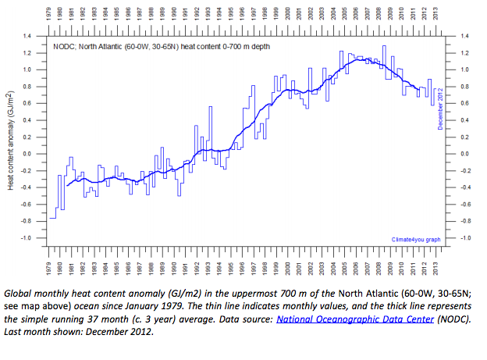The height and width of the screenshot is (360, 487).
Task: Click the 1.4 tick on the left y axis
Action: click(30, 37)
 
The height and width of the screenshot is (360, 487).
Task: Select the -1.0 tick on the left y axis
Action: click(29, 238)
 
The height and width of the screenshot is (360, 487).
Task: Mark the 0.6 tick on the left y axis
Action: click(30, 104)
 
